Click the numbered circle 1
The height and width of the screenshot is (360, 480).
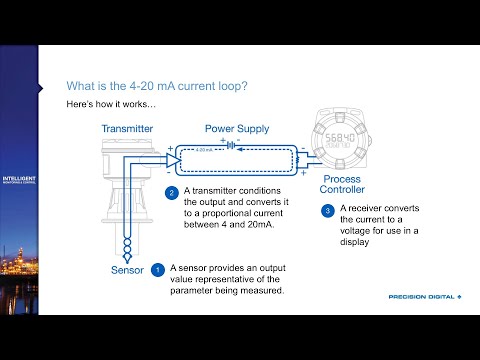click(x=157, y=270)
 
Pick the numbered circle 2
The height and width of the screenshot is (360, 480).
click(x=172, y=192)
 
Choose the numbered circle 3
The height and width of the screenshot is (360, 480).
click(x=327, y=210)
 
